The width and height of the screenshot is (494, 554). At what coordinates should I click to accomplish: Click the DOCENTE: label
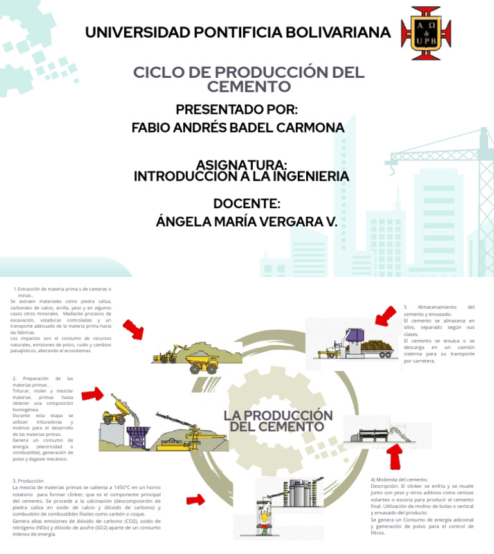pyautogui.click(x=246, y=204)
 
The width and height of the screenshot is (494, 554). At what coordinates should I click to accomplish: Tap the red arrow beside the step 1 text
pyautogui.click(x=133, y=329)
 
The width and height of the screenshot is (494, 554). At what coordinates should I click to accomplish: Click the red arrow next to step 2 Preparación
pyautogui.click(x=93, y=393)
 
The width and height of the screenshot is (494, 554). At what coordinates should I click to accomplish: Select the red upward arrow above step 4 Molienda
pyautogui.click(x=395, y=457)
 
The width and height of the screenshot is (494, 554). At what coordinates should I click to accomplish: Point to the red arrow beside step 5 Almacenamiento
pyautogui.click(x=385, y=317)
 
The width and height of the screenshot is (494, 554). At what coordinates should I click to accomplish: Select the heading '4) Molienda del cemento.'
pyautogui.click(x=399, y=479)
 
